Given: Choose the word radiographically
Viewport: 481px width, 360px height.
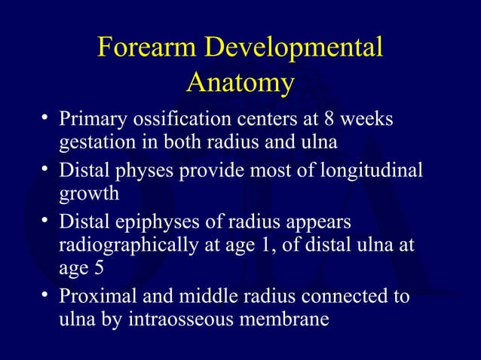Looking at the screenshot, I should pos(128,246).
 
